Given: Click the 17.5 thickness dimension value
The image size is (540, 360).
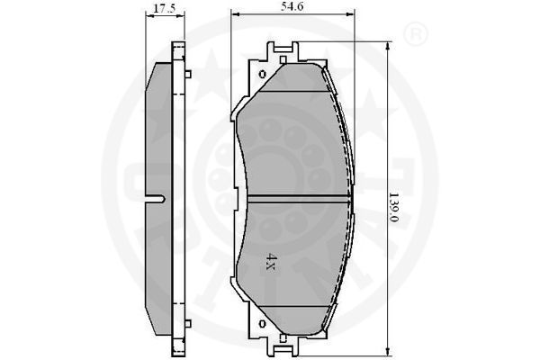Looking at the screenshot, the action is click(x=165, y=9).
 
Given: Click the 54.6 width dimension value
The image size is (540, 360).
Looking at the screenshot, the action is click(x=292, y=6).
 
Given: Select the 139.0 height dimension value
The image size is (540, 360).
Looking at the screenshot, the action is click(x=393, y=207).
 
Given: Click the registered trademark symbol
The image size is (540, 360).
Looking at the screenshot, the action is click(x=415, y=34).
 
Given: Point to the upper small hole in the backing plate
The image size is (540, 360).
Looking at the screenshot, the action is click(x=263, y=74).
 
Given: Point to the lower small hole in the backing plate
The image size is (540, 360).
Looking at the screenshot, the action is click(x=263, y=324).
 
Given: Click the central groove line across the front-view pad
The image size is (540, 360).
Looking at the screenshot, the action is click(x=299, y=197).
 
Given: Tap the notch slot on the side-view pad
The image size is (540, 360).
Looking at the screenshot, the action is click(x=156, y=199).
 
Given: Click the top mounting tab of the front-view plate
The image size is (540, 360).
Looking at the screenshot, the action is click(x=283, y=50).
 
